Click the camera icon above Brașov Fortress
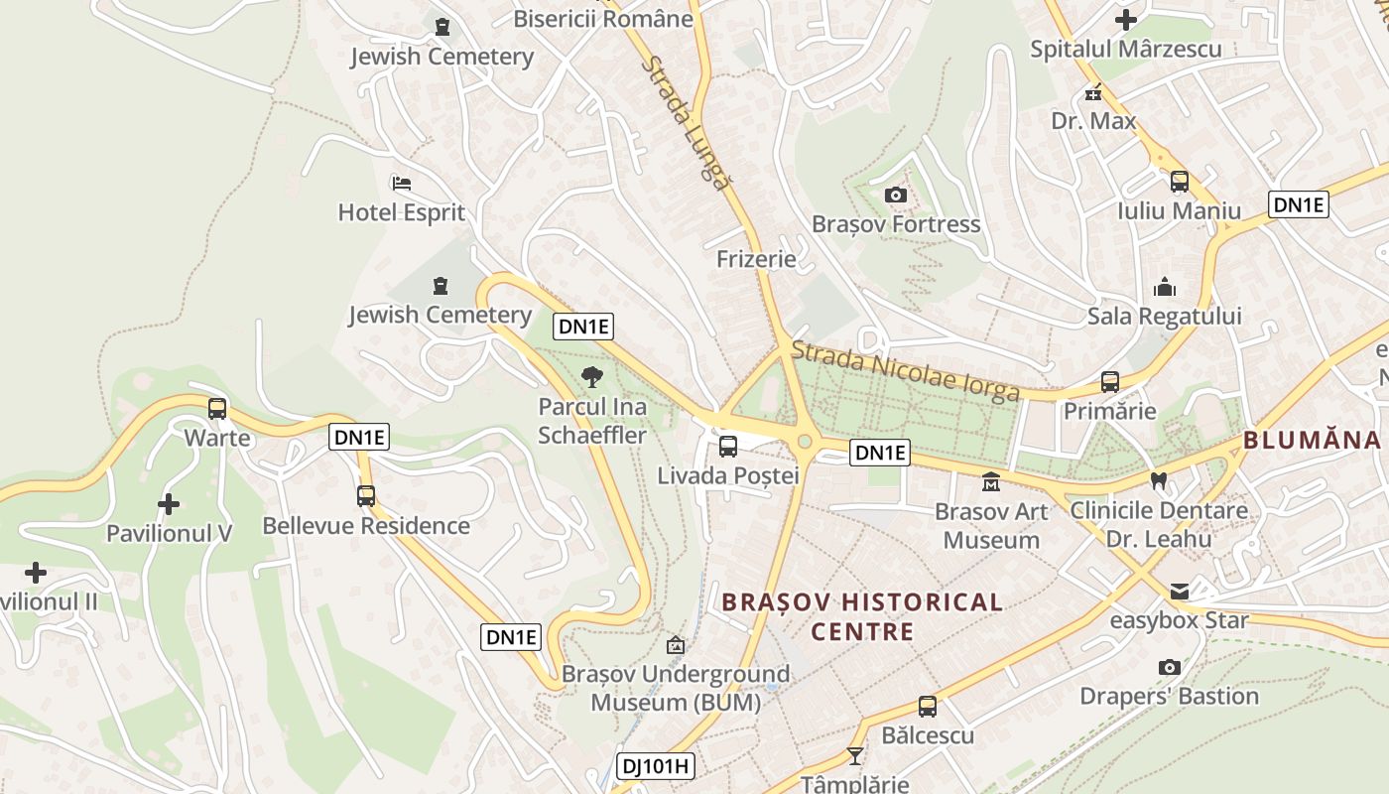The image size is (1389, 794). coord(895,195)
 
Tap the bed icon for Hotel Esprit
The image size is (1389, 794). coord(402,184)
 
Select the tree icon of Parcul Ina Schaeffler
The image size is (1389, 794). coord(592,377)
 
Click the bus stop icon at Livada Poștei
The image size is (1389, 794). coord(728,447)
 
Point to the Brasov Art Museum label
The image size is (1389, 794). coord(991,526)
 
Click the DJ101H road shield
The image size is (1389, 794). coord(656,766)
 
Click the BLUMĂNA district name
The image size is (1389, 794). coord(1311,440)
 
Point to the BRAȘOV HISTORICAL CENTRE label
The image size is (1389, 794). coord(861,616)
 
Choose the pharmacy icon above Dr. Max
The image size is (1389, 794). coord(1093,93)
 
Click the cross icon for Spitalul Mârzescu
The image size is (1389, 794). coord(1125,20)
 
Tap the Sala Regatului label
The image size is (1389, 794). coord(1164,317)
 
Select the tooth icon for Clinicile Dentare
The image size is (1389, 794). coord(1157,481)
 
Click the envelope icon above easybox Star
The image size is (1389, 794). coord(1179,592)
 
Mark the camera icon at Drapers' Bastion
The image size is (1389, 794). coord(1169,667)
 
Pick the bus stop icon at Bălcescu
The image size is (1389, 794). coord(927,707)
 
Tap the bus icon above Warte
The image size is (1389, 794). coord(217,408)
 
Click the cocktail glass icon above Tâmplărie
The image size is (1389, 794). coord(855,756)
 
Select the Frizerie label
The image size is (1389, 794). coord(756,259)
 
